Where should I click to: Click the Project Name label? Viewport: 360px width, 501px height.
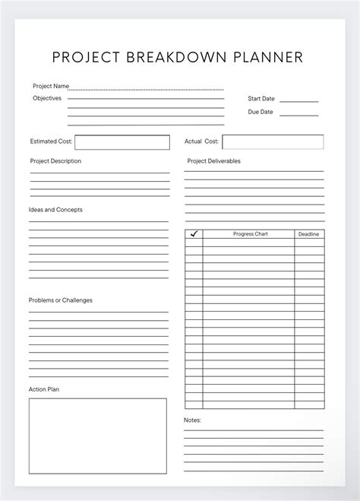click(x=51, y=86)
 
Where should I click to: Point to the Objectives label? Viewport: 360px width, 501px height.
click(x=47, y=98)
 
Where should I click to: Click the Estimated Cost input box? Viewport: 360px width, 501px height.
click(x=122, y=142)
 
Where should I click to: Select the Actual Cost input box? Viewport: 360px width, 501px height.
click(x=273, y=142)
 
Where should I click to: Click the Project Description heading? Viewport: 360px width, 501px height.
click(x=55, y=161)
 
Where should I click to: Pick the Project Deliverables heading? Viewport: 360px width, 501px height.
click(x=213, y=161)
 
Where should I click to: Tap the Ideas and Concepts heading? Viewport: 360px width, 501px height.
click(x=55, y=210)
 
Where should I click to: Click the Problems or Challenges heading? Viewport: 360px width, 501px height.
click(x=61, y=300)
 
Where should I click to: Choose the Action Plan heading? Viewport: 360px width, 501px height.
click(x=44, y=389)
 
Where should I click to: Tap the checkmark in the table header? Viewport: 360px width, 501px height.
click(x=194, y=234)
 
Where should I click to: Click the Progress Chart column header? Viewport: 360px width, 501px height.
click(x=250, y=234)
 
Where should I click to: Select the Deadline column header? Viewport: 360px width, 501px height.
click(x=308, y=234)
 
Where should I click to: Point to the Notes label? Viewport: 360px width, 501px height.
click(x=192, y=420)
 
